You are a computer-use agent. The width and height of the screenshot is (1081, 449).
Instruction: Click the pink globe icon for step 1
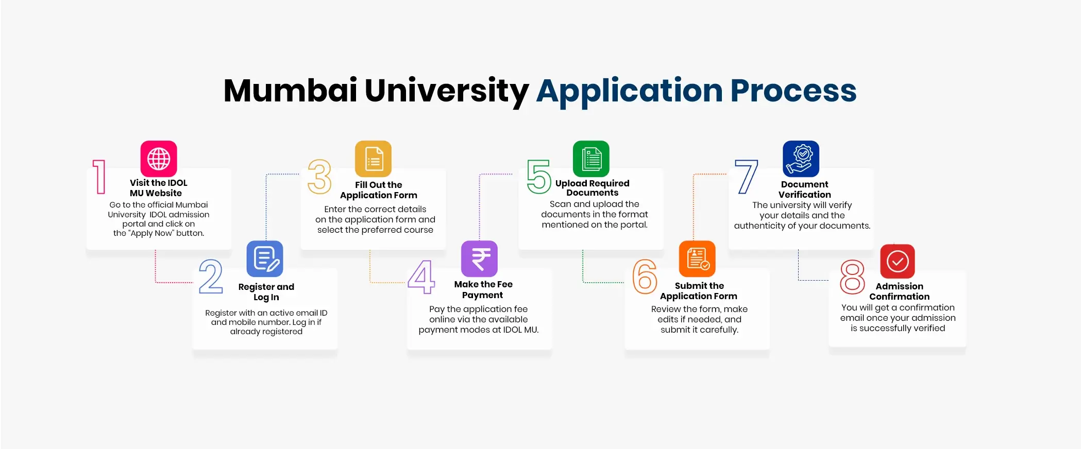(x=159, y=159)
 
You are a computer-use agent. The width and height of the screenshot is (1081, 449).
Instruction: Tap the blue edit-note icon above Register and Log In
(x=265, y=258)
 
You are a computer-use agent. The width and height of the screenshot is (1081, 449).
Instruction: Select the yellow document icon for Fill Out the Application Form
(x=374, y=159)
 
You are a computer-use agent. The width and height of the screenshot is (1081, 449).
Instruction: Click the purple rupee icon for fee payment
(x=479, y=258)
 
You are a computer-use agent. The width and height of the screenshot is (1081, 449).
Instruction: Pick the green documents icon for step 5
(x=591, y=159)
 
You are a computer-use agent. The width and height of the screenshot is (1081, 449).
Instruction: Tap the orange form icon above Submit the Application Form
(x=697, y=258)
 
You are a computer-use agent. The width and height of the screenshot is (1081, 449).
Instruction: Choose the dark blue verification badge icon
(x=801, y=159)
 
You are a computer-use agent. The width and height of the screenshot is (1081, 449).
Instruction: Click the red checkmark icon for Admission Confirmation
(x=898, y=262)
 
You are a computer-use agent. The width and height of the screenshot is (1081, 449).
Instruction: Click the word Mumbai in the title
(x=290, y=91)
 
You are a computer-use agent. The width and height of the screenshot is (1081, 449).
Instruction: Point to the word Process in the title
(x=793, y=91)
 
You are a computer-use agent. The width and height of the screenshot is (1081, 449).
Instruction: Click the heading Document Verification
(x=804, y=189)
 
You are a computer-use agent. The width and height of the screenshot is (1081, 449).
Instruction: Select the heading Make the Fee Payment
(x=483, y=289)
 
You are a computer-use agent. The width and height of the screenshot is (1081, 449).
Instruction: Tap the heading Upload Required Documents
(x=592, y=188)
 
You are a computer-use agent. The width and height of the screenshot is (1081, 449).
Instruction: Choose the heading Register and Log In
(x=266, y=292)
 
